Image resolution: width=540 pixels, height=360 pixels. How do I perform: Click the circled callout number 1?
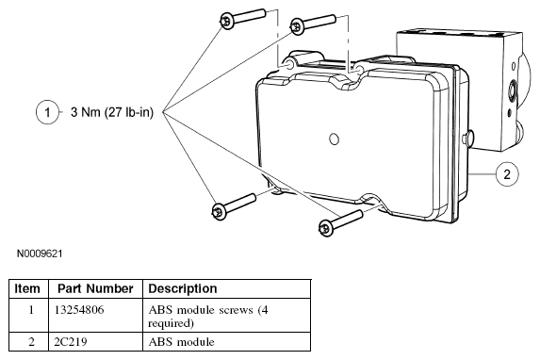pos(47,112)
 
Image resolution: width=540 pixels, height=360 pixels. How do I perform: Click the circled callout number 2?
pos(507,174)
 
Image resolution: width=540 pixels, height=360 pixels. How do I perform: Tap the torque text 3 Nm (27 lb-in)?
pos(112,112)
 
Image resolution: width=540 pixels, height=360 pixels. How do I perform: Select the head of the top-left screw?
pos(227,21)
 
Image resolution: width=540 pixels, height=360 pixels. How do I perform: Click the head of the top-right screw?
pos(297,26)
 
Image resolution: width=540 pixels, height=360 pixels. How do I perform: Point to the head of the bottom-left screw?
pos(219,210)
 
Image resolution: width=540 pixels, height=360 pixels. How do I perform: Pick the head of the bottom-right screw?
pos(325,228)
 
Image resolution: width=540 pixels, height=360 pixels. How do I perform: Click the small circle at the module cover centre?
pos(334,139)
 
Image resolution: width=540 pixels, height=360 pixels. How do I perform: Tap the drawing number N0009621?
pos(40,254)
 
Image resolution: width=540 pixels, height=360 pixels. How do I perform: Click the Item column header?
pos(27,288)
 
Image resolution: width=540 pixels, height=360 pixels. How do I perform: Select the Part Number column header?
pos(95,288)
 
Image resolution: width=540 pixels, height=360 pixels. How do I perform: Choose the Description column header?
pos(183,288)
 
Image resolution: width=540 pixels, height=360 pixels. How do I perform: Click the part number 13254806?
pos(79,310)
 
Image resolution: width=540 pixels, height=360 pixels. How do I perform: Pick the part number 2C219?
pos(71,342)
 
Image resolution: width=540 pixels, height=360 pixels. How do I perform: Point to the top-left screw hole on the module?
pos(288,64)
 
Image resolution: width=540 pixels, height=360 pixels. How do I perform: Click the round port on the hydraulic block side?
pos(513,89)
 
